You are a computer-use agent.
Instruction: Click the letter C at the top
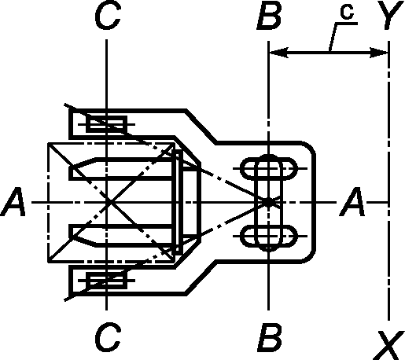click(108, 17)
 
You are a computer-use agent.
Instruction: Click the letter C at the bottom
click(108, 337)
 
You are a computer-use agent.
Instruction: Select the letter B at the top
click(270, 17)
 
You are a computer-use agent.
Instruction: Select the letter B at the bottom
click(270, 337)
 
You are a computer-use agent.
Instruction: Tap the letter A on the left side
click(13, 202)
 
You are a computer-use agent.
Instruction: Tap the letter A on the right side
click(352, 202)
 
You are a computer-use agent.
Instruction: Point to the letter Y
click(391, 15)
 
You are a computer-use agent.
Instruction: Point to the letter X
click(389, 345)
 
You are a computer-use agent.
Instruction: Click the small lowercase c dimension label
click(347, 13)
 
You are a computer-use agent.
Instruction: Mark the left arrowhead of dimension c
click(278, 53)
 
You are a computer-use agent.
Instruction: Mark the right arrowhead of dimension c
click(378, 53)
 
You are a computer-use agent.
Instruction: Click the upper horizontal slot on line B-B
click(269, 168)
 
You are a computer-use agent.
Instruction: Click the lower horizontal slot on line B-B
click(269, 236)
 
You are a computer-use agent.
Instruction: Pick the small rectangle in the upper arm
click(107, 124)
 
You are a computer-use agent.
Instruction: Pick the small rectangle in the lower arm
click(107, 281)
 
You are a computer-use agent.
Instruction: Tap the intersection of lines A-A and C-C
click(106, 202)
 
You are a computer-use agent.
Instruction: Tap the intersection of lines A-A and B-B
click(268, 202)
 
